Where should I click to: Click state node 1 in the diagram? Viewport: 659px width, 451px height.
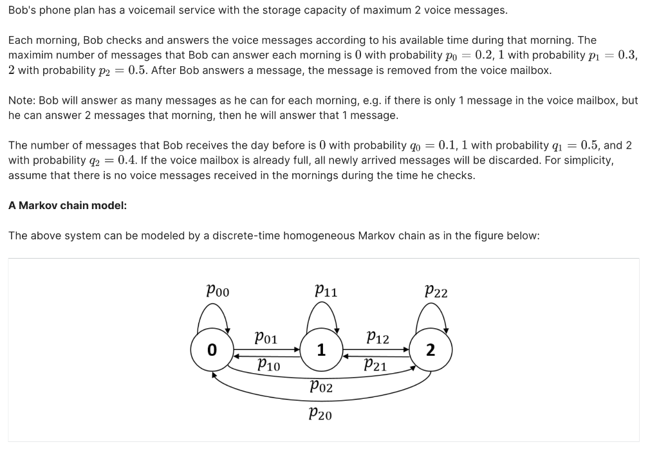click(320, 351)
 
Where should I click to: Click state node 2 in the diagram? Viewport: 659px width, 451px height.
click(431, 351)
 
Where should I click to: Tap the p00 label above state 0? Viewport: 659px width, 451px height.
click(217, 290)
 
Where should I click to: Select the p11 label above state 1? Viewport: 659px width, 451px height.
click(326, 290)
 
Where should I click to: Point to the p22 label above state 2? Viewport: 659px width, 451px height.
click(436, 291)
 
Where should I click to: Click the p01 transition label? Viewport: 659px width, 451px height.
click(266, 337)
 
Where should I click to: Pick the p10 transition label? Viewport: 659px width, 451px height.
click(268, 365)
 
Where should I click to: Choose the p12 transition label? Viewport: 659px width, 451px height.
click(377, 337)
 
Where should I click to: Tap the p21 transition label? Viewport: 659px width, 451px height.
click(375, 365)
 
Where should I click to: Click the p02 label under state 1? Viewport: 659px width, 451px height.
click(321, 387)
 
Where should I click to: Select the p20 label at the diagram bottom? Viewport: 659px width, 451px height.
click(320, 414)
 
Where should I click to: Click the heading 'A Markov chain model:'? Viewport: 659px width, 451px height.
click(68, 206)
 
